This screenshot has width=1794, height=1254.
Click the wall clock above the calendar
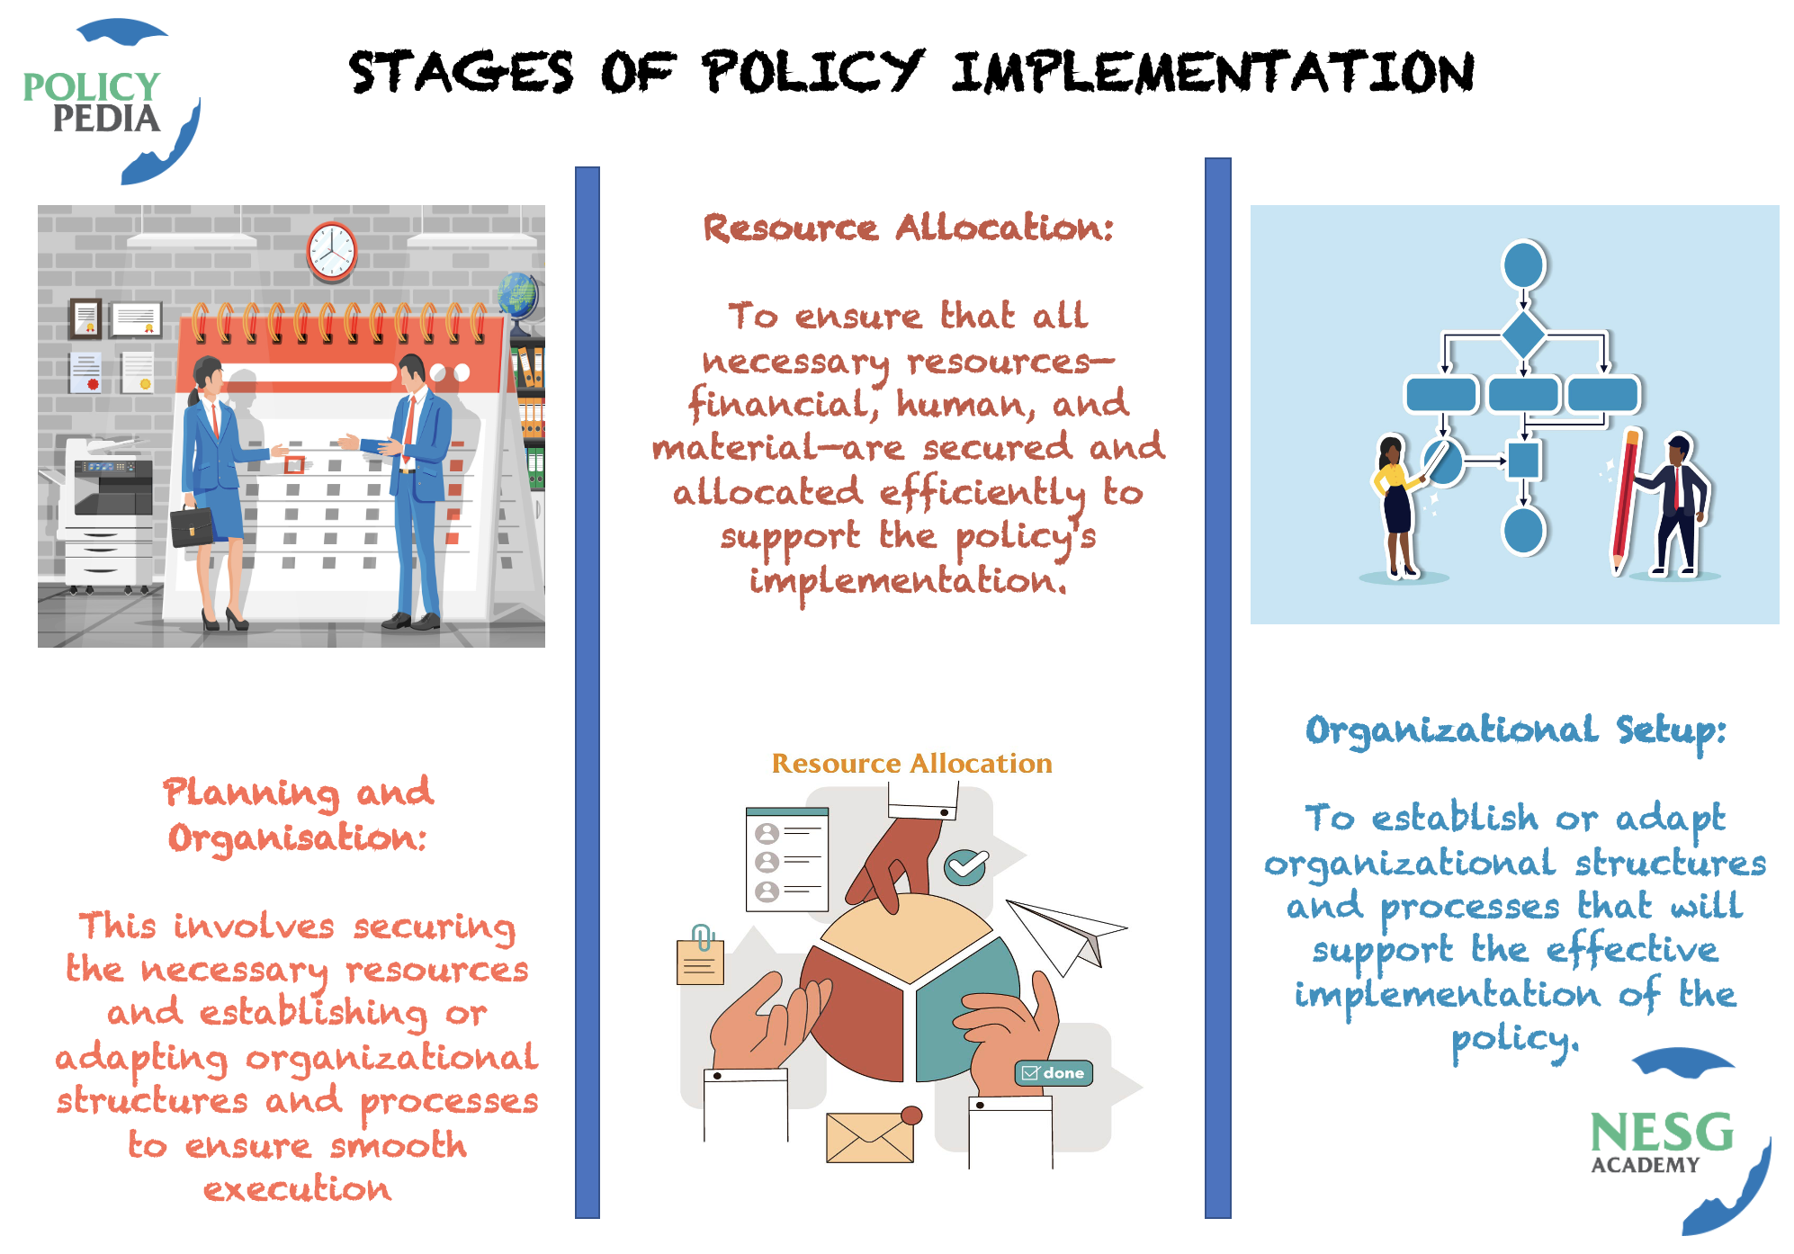coord(332,251)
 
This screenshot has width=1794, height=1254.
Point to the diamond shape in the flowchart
coord(1523,335)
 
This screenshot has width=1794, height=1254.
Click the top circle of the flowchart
coord(1523,264)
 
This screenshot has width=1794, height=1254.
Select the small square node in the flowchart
coord(1523,461)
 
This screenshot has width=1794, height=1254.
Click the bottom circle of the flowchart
coord(1523,531)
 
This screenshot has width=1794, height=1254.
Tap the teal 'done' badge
coord(1054,1073)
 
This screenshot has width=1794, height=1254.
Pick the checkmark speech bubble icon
coord(966,866)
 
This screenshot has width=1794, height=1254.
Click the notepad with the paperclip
coord(700,957)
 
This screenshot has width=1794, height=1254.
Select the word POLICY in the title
coord(812,72)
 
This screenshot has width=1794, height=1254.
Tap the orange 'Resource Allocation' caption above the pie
coord(911,763)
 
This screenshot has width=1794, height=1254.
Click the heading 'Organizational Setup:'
coord(1516,731)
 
